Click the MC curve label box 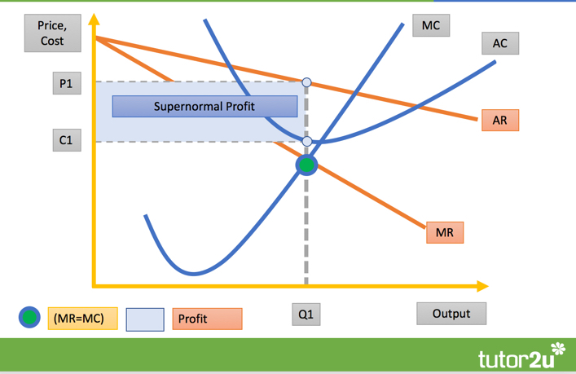[x=431, y=25]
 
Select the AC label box [x=500, y=43]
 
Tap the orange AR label [x=500, y=120]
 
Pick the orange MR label [x=445, y=232]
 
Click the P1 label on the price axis [x=67, y=84]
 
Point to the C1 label [x=67, y=140]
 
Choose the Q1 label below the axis [x=306, y=315]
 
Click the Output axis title [x=451, y=314]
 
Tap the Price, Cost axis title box [x=52, y=33]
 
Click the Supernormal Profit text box [x=204, y=107]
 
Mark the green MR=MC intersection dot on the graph [x=306, y=165]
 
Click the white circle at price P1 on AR [x=306, y=82]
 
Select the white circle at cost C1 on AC [x=307, y=141]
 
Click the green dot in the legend [x=29, y=317]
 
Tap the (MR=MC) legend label [x=82, y=318]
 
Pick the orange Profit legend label [x=207, y=319]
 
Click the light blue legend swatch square [x=145, y=319]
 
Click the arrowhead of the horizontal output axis [x=482, y=286]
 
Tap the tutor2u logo [x=521, y=355]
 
